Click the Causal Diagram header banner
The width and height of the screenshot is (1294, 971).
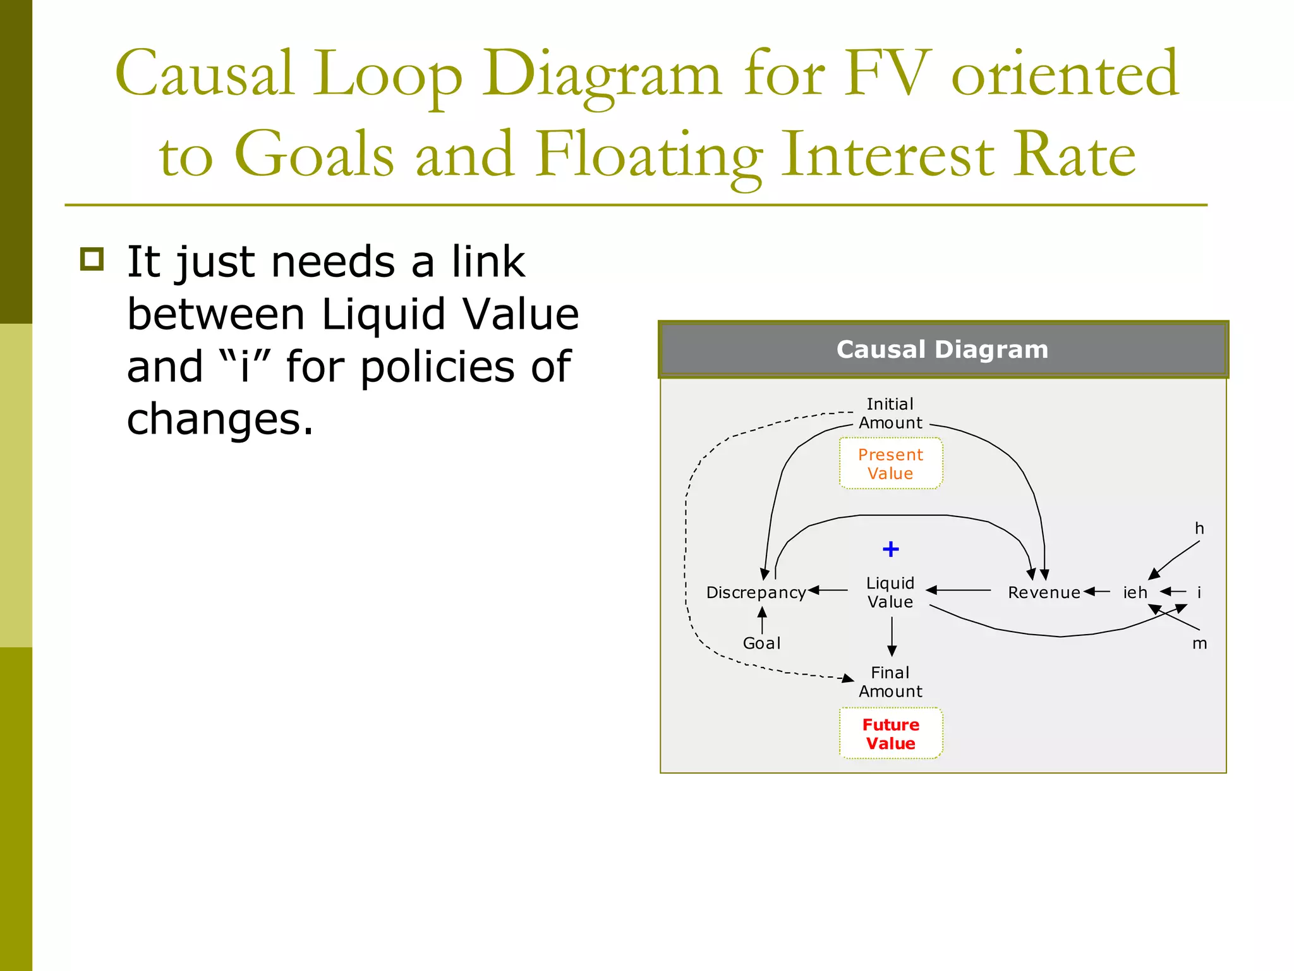click(942, 350)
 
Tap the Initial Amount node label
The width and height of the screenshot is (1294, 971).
click(890, 413)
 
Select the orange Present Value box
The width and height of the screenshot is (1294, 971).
click(890, 463)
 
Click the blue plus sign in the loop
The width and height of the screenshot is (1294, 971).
click(890, 549)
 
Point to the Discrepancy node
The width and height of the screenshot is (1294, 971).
click(756, 592)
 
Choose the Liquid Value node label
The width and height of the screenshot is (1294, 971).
click(890, 592)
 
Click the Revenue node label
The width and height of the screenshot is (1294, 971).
click(1044, 592)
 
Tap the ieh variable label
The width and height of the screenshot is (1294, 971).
click(1135, 592)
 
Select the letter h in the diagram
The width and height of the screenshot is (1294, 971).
click(1199, 528)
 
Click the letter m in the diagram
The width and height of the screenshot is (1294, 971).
click(1199, 644)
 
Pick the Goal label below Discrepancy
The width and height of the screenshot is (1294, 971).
click(761, 643)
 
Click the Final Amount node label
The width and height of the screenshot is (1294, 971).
click(890, 681)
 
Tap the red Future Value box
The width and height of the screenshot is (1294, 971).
click(890, 733)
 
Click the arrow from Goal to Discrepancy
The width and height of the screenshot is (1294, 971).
click(762, 620)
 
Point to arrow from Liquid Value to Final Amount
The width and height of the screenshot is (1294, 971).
click(892, 636)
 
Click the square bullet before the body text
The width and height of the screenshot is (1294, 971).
click(92, 259)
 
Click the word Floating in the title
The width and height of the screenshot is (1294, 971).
click(648, 154)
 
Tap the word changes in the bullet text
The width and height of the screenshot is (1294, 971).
click(220, 419)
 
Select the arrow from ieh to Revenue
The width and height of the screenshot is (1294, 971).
click(1097, 592)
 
